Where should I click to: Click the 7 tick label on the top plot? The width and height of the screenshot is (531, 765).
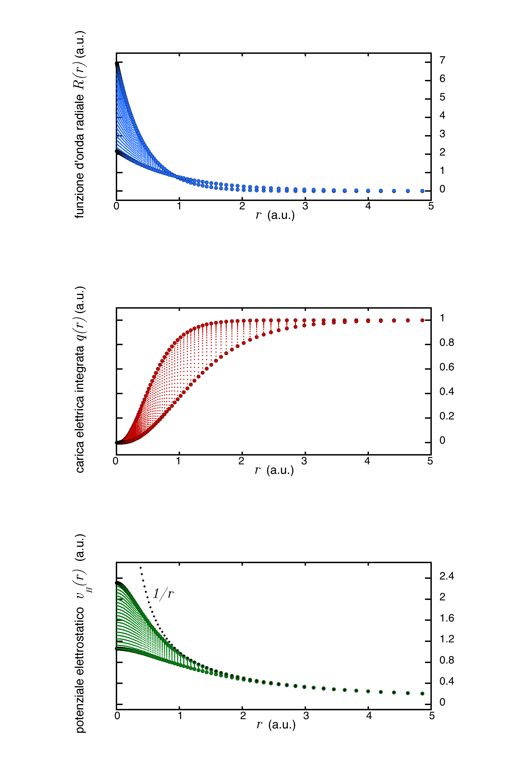pos(442,60)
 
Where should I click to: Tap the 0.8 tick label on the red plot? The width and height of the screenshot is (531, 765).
pos(447,342)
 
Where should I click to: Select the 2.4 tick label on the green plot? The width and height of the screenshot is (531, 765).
pos(447,576)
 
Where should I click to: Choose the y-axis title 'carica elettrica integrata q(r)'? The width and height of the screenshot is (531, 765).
pos(79,379)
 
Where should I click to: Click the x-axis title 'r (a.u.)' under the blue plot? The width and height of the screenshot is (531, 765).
pos(275,215)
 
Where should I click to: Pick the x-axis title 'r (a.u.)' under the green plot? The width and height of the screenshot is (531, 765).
pos(276,724)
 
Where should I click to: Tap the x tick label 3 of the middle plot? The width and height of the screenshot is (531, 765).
pos(304,461)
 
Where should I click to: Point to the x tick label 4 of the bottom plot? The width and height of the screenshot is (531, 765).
pos(369,716)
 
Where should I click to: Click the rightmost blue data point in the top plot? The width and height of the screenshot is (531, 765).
pos(422,191)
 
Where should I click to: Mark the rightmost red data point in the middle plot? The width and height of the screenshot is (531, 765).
pos(422,320)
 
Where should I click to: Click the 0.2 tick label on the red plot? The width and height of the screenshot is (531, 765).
pos(447,416)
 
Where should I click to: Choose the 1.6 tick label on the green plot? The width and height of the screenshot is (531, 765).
pos(447,618)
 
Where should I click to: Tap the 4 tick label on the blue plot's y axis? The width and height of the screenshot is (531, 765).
pos(442,116)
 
